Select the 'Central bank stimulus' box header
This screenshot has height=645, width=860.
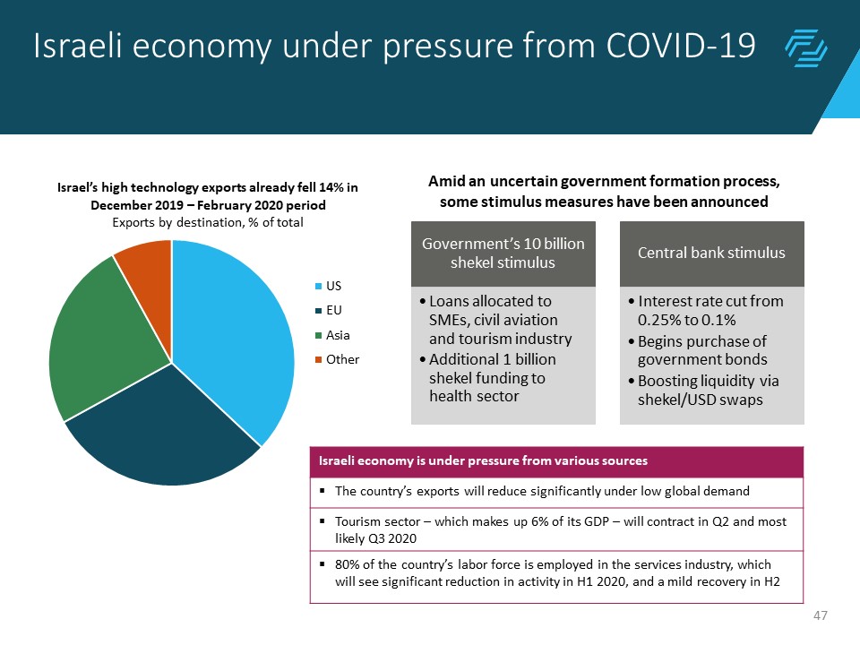click(711, 253)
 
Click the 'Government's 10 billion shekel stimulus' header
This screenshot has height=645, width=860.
click(503, 253)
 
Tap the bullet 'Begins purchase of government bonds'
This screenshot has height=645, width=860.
click(704, 350)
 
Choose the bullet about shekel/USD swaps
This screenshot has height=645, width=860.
click(704, 390)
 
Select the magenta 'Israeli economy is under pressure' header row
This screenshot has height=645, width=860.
click(556, 461)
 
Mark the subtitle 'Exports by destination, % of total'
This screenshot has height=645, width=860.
click(207, 223)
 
